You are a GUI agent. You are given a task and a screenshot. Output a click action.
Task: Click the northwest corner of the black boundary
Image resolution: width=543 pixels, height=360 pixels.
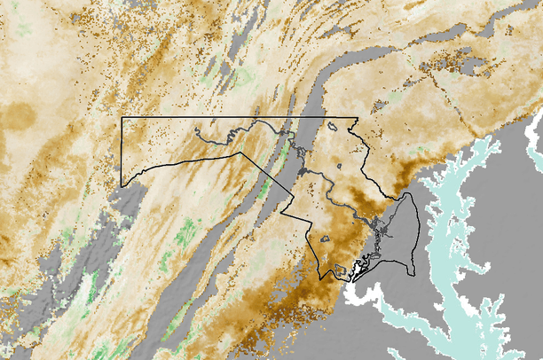tap(122, 117)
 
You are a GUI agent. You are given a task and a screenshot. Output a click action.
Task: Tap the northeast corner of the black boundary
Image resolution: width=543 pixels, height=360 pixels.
tap(357, 117)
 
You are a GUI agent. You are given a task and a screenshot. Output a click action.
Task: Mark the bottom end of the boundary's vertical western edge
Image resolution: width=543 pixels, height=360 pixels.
tap(122, 186)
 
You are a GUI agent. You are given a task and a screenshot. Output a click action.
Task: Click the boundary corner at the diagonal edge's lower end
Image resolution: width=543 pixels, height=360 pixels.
tap(282, 213)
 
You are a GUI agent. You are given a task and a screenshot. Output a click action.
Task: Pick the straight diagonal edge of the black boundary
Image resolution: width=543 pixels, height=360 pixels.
tap(262, 184)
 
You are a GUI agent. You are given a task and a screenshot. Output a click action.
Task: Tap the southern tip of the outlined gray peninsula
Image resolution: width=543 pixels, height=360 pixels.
tap(410, 271)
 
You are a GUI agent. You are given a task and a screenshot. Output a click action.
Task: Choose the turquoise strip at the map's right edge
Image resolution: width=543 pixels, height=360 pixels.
tap(533, 142)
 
